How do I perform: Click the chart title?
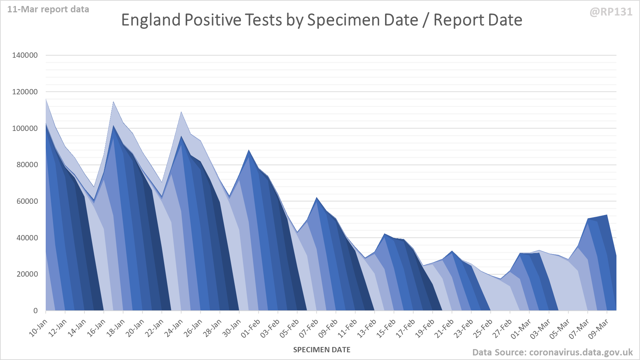tap(321, 20)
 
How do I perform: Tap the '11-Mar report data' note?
tap(48, 10)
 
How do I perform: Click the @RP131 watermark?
tap(611, 12)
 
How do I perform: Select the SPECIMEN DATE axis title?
tap(322, 350)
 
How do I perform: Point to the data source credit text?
tap(552, 352)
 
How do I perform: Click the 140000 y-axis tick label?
tap(25, 55)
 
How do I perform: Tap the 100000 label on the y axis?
tap(25, 128)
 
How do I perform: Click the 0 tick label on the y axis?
tap(35, 311)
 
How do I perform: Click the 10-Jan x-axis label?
tap(38, 328)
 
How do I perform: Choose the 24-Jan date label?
tap(174, 328)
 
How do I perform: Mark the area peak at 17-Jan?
tap(114, 102)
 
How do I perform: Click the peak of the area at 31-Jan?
tap(249, 150)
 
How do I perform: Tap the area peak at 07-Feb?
tap(317, 198)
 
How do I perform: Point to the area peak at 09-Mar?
tap(607, 215)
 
